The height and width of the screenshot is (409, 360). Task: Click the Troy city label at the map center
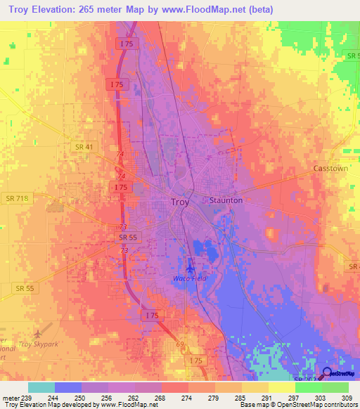[x=180, y=202]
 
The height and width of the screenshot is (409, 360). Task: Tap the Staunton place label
[x=226, y=200]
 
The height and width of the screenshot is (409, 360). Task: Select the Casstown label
[x=330, y=170]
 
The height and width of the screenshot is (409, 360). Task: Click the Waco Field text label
[x=189, y=279]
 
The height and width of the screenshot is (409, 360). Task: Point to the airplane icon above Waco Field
[x=189, y=267]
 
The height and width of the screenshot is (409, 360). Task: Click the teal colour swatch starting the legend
[x=41, y=387]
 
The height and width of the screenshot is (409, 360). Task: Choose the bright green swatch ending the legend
[x=335, y=387]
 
